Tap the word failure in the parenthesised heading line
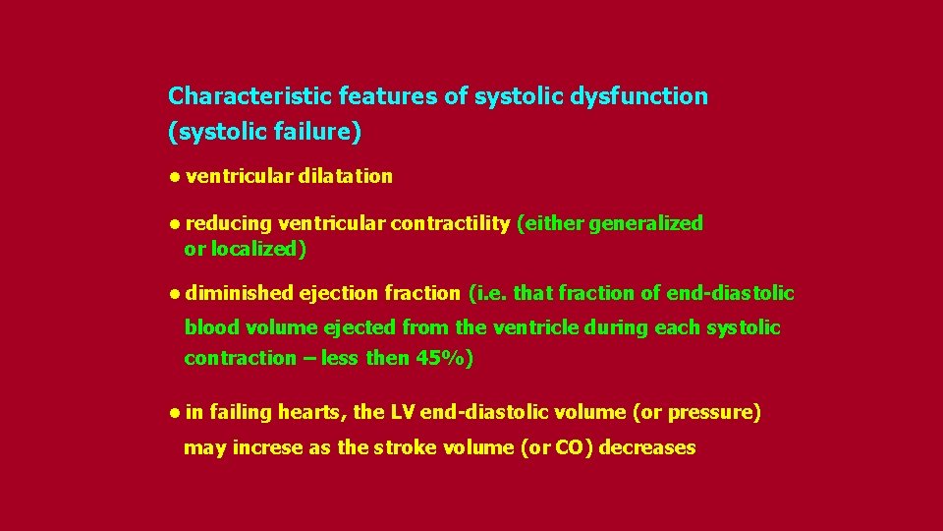pos(317,131)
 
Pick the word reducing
pos(229,223)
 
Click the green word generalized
pos(649,223)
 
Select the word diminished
pos(240,293)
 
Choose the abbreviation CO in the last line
pos(571,448)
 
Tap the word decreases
pos(646,448)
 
